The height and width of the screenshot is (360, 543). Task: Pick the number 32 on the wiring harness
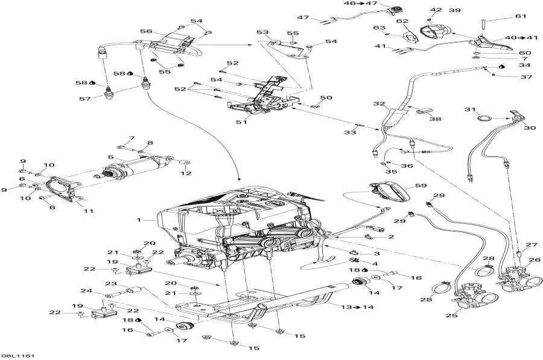coord(379,104)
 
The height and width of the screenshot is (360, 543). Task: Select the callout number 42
coord(436,10)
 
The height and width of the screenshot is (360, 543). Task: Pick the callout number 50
coord(326,97)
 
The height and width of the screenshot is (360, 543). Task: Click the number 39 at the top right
coord(454,10)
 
